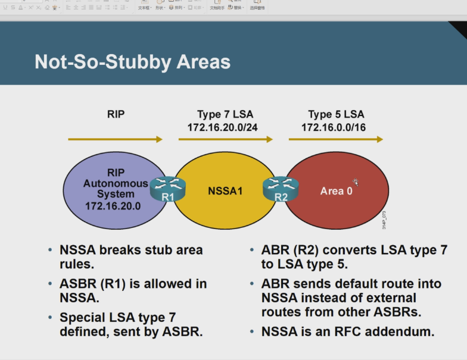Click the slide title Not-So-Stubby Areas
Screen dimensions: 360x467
[x=132, y=62]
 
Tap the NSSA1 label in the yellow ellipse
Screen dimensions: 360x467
[x=226, y=191]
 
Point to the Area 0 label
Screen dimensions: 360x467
[x=336, y=191]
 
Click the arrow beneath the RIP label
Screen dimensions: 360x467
[x=115, y=139]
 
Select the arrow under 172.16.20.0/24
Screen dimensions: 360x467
[x=226, y=139]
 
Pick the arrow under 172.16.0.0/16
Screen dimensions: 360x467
[x=336, y=139]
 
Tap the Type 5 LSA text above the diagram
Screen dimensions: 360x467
[x=336, y=114]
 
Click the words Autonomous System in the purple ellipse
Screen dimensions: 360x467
[x=116, y=189]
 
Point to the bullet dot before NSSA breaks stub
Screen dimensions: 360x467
[x=50, y=251]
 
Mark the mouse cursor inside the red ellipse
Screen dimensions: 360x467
[x=356, y=182]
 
